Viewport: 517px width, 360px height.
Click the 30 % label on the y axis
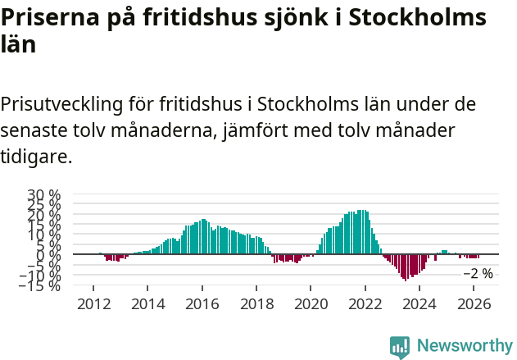[x=44, y=196]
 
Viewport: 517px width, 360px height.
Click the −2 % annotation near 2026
[x=478, y=274]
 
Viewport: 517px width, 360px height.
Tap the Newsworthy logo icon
[x=400, y=346]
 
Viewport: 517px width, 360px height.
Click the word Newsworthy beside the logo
[x=464, y=346]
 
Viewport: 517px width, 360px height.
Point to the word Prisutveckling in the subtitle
[x=63, y=104]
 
